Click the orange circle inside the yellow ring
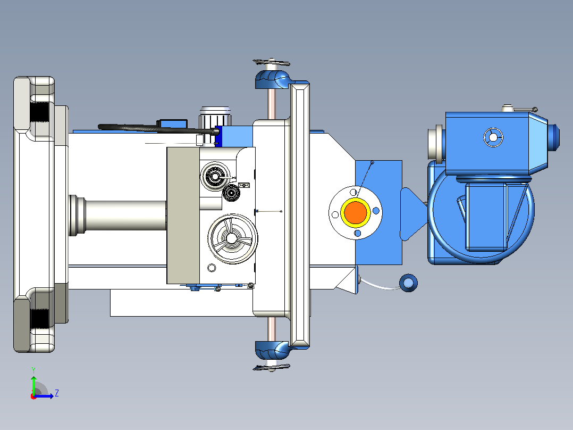(356, 212)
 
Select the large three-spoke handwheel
(232, 238)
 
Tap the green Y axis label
(33, 370)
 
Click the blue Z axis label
(57, 393)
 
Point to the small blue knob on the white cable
(409, 283)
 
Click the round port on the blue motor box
(493, 138)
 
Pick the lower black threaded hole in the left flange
(40, 318)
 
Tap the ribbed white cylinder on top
(215, 117)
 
